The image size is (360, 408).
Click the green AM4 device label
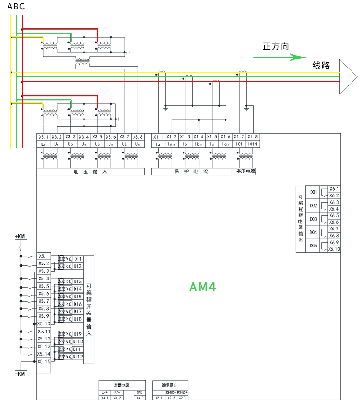[203, 287]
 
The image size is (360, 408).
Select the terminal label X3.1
[43, 137]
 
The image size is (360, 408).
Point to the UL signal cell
[125, 144]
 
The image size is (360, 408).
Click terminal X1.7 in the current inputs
[239, 137]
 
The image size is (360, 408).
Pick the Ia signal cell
[158, 144]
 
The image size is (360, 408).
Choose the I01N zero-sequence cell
[252, 144]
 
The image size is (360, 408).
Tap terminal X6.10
[334, 249]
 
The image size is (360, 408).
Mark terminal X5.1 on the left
[44, 256]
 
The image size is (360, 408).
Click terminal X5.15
[44, 361]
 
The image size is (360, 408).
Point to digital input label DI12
[77, 357]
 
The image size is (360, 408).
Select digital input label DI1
[77, 259]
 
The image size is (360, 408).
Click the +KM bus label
[20, 236]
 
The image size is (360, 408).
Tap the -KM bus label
[20, 374]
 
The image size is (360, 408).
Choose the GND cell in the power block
[140, 392]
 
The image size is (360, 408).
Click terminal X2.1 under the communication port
[158, 398]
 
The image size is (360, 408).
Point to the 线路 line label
[321, 65]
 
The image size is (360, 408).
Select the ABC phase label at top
[16, 7]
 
